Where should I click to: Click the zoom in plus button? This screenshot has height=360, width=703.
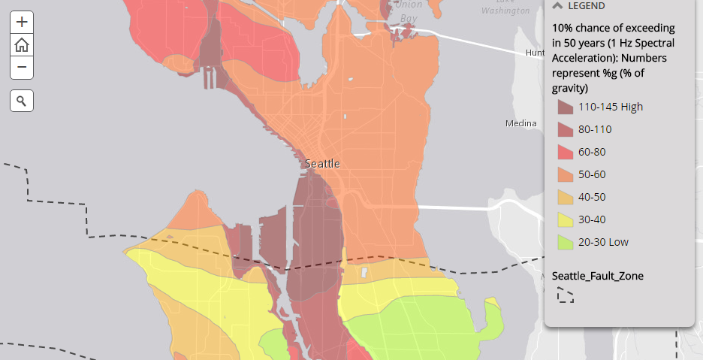click(x=22, y=22)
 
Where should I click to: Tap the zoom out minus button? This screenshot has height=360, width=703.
click(x=22, y=68)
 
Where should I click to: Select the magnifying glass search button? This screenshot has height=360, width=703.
click(x=22, y=100)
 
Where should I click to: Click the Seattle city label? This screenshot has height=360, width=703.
click(x=322, y=163)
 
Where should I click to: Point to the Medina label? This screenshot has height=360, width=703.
click(x=520, y=123)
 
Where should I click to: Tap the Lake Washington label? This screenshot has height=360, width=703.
click(x=505, y=6)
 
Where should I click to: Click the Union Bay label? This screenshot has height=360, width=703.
click(x=409, y=11)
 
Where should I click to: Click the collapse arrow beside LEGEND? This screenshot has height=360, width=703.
click(x=557, y=5)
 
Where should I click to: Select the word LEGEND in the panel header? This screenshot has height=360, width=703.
click(x=587, y=5)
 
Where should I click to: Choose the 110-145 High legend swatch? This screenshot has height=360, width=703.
click(x=565, y=107)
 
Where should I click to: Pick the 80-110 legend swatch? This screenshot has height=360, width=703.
click(x=565, y=129)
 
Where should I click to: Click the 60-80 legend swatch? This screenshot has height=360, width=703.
click(x=565, y=152)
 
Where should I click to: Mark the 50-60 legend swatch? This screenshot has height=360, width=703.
click(x=565, y=174)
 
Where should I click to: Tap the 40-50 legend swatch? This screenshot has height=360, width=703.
click(x=565, y=197)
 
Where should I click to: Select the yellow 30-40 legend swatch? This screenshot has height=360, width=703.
click(x=565, y=219)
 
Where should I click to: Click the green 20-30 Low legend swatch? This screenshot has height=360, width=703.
click(x=565, y=242)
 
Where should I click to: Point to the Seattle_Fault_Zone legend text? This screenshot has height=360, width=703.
click(x=597, y=276)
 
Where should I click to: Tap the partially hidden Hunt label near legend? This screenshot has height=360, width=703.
click(x=535, y=53)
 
